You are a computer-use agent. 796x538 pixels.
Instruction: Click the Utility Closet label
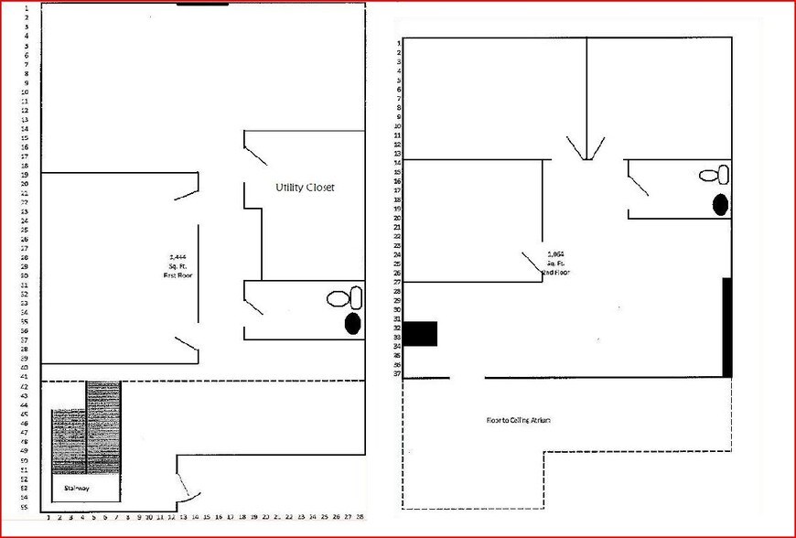pyautogui.click(x=306, y=188)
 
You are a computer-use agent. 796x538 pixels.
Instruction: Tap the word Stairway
pyautogui.click(x=75, y=489)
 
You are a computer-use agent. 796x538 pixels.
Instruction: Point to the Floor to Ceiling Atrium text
pyautogui.click(x=522, y=420)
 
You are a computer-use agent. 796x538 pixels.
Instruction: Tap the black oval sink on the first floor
pyautogui.click(x=351, y=322)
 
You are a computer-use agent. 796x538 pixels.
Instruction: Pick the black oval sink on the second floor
pyautogui.click(x=720, y=204)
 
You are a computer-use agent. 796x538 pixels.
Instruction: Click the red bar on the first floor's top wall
pyautogui.click(x=202, y=4)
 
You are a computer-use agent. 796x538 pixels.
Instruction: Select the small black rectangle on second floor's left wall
pyautogui.click(x=421, y=334)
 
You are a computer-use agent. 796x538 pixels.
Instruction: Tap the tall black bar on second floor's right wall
pyautogui.click(x=727, y=327)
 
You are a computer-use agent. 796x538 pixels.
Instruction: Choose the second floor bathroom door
pyautogui.click(x=638, y=181)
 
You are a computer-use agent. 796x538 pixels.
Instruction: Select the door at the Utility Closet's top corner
pyautogui.click(x=255, y=150)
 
